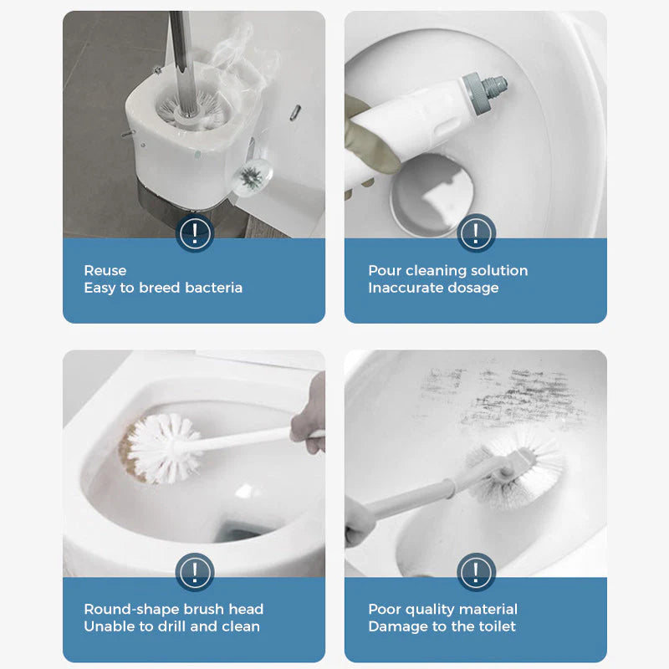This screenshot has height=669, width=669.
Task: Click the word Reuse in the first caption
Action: (105, 270)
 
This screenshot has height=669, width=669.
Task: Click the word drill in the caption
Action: (177, 626)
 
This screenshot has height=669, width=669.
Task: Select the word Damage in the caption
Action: (395, 626)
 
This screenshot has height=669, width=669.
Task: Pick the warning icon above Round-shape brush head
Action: (194, 573)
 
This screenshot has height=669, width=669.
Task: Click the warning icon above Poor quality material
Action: (476, 573)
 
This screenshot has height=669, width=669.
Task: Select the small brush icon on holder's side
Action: (249, 176)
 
